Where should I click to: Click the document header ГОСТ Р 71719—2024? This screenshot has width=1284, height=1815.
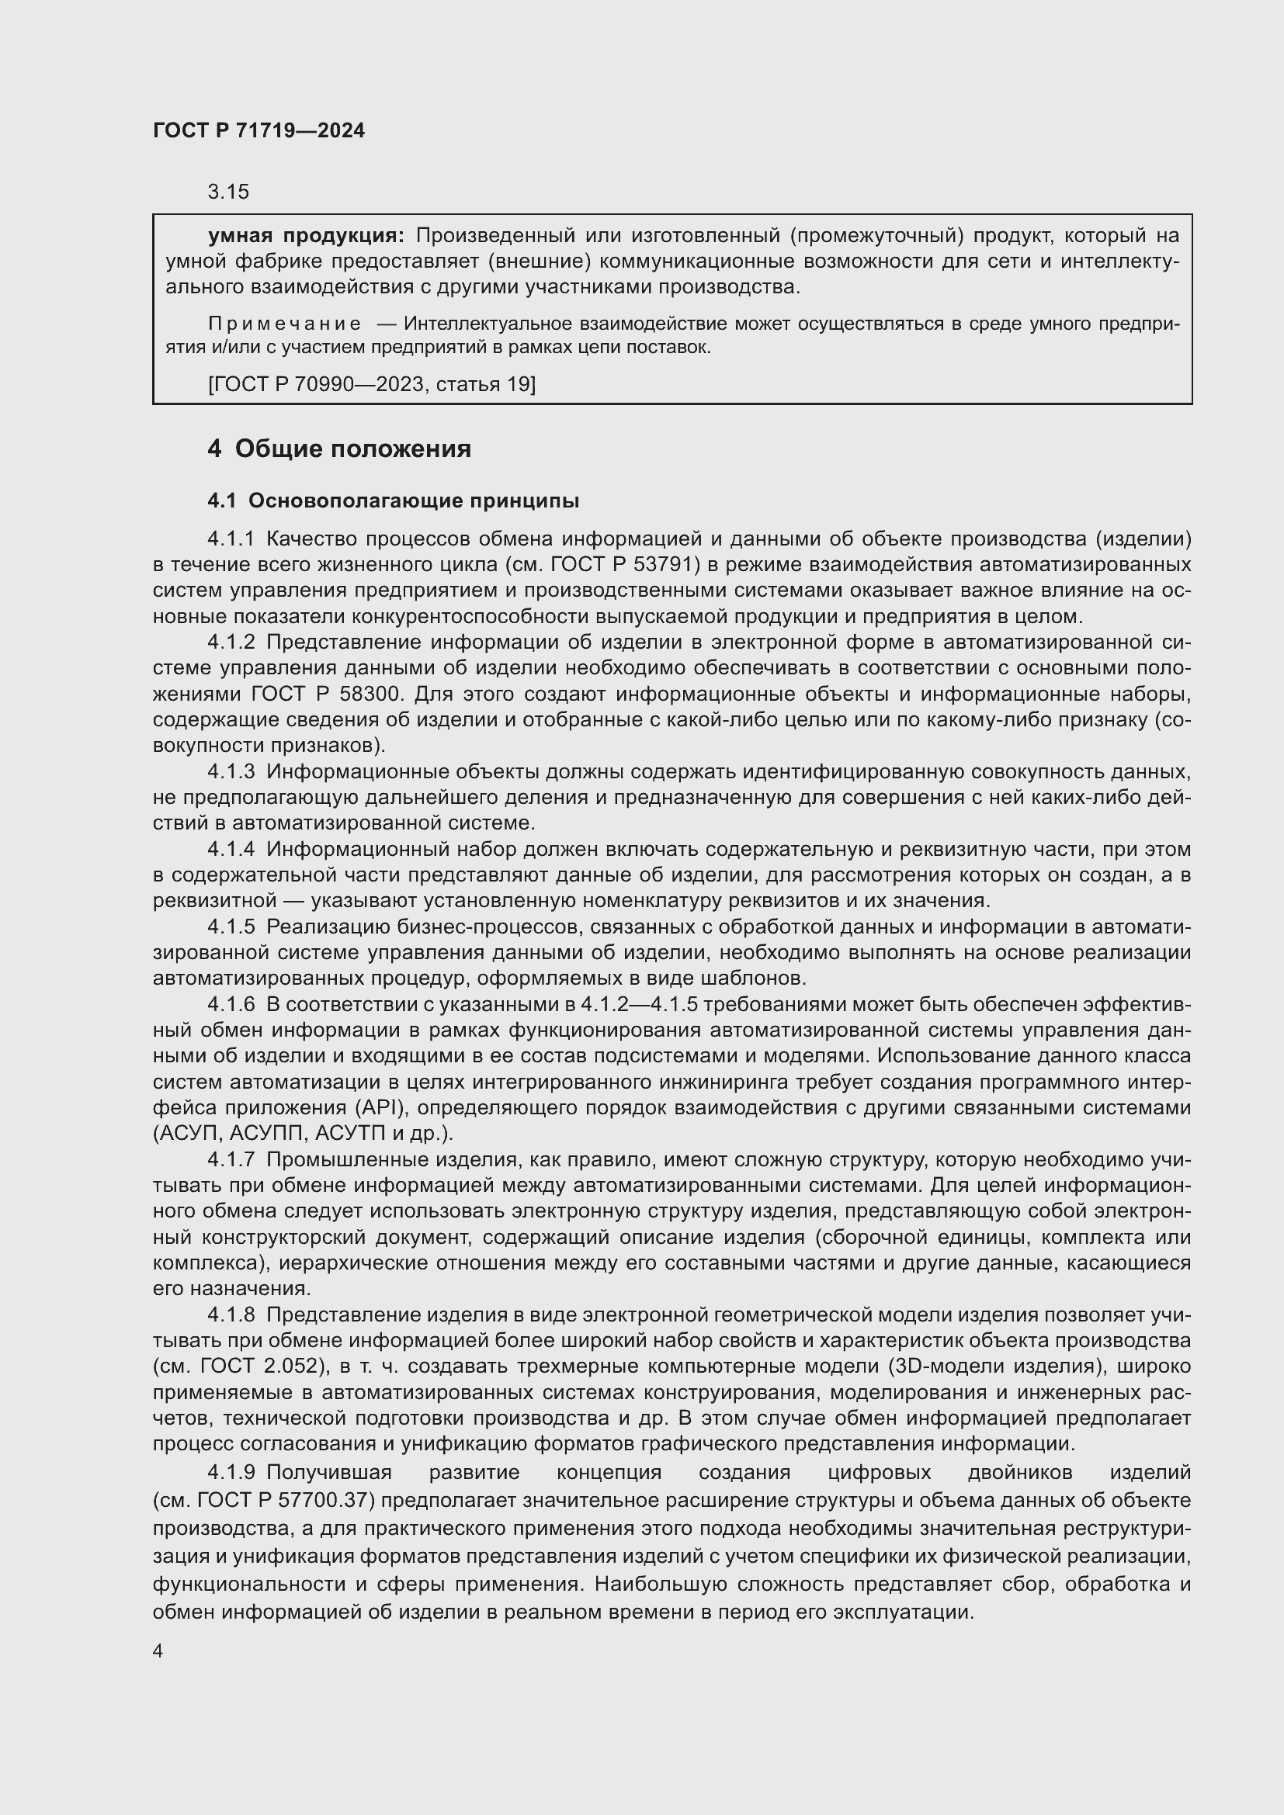pos(259,131)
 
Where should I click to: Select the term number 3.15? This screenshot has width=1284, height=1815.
pos(227,192)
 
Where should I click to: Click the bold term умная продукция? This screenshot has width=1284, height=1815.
pos(305,236)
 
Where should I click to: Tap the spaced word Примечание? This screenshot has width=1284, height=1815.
pos(285,324)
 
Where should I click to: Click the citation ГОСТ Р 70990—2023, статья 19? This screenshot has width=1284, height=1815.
pos(372,384)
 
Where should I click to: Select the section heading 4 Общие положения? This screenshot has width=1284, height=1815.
pos(339,449)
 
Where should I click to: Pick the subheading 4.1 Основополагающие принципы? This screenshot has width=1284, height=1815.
pos(393,501)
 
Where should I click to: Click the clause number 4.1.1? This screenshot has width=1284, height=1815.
pos(231,539)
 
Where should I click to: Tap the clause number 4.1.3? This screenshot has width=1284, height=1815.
pos(231,771)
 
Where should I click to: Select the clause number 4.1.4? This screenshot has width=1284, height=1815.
pos(231,849)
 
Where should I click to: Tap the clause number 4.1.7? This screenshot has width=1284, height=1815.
pos(231,1159)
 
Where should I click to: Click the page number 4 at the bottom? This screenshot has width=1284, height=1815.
pos(158,1652)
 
